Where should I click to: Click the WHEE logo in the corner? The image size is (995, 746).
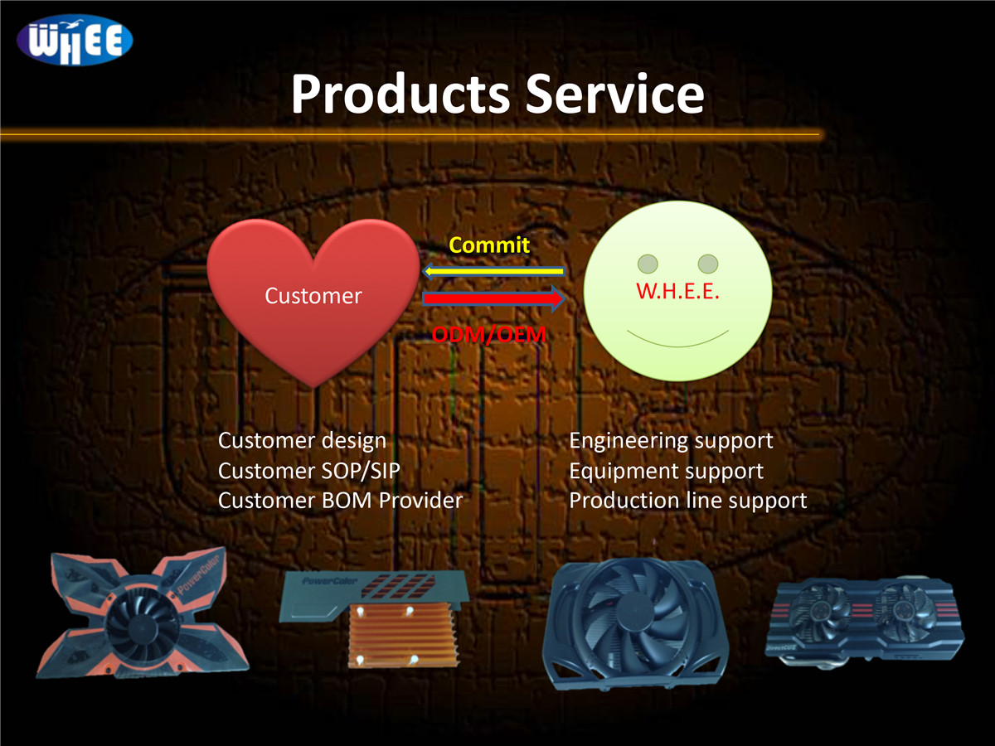[x=74, y=40]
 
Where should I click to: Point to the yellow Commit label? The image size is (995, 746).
[x=488, y=245]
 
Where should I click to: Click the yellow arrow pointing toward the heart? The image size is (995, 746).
[x=494, y=271]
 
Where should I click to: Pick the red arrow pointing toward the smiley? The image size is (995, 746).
[x=494, y=299]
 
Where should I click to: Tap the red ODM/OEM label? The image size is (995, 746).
[x=489, y=335]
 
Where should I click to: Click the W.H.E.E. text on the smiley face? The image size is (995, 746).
[x=677, y=292]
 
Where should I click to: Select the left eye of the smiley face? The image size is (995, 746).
[x=648, y=264]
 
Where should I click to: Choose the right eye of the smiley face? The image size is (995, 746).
[x=707, y=264]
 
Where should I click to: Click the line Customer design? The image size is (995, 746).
[x=302, y=441]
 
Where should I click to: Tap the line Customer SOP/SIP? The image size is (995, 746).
[x=309, y=471]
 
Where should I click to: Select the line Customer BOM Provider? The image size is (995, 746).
[x=340, y=501]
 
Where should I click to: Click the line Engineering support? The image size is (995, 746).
[x=671, y=441]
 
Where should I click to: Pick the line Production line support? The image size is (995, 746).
[x=687, y=501]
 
